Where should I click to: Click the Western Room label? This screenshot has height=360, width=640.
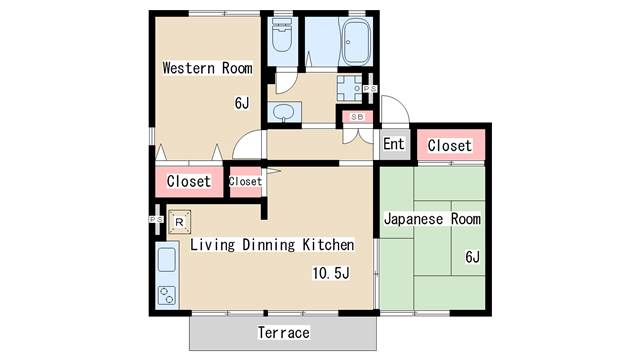[x=207, y=68]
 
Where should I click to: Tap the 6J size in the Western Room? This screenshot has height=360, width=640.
[x=242, y=102]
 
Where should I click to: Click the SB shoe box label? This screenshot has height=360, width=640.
[x=356, y=117]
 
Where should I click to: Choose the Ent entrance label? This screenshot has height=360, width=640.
[x=394, y=145]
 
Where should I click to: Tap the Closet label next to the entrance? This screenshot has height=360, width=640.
[x=449, y=146]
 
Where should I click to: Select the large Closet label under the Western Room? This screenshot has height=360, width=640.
[x=189, y=182]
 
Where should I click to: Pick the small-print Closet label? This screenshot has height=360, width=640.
[x=245, y=182]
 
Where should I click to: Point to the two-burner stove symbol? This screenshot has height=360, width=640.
[x=166, y=295]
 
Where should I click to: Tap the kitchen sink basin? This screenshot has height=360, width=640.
[x=166, y=263]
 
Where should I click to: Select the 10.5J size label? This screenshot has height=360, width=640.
[x=330, y=272]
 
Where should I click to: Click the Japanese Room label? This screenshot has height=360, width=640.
[x=432, y=219]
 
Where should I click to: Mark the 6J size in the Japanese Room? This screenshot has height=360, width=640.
[x=471, y=257]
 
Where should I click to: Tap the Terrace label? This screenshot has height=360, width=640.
[x=284, y=332]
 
